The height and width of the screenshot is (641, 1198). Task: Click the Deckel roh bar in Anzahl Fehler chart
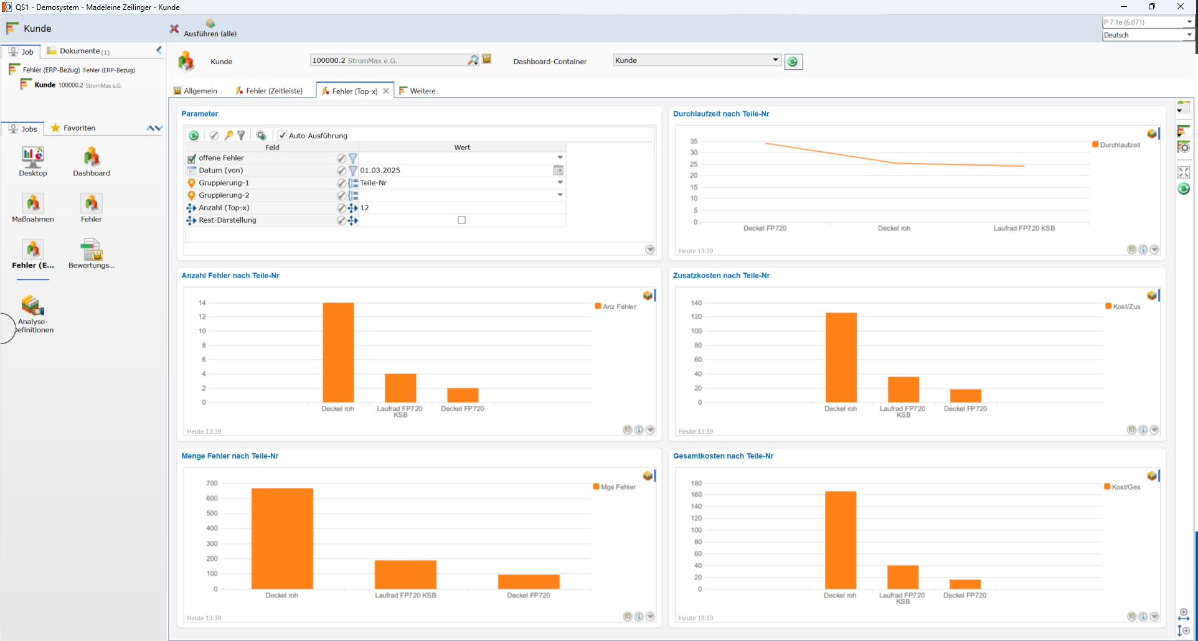[338, 352]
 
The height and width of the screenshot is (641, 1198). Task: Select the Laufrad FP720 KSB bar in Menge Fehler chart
[405, 574]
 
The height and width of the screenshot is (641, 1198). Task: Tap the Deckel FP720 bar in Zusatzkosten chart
[966, 396]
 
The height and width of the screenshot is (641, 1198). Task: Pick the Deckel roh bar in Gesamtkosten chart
[841, 540]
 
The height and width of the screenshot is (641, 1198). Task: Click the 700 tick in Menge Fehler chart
[212, 484]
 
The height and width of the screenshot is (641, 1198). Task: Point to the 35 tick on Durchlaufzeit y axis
[694, 141]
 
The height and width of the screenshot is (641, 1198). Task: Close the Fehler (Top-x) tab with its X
[386, 91]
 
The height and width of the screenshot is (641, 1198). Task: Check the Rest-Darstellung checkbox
[462, 220]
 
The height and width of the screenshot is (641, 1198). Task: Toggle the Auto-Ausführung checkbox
[283, 135]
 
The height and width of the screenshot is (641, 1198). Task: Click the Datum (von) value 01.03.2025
[380, 170]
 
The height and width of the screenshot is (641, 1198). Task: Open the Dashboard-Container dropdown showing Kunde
[697, 60]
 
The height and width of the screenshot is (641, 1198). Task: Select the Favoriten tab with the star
[73, 128]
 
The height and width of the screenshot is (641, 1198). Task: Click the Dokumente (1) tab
[78, 51]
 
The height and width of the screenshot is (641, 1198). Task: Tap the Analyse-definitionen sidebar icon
[34, 314]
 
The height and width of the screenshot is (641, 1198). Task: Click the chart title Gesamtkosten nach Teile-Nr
[723, 456]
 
